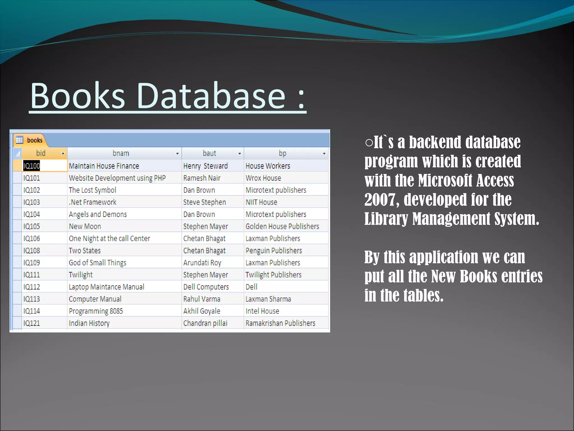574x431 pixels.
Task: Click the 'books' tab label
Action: coord(34,140)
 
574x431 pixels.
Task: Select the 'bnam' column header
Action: coord(121,153)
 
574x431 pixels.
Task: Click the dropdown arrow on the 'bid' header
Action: coord(63,153)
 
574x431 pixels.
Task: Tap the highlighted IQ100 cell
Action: coord(32,166)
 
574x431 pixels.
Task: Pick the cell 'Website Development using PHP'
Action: coord(117,178)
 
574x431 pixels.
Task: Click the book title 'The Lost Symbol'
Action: coord(92,190)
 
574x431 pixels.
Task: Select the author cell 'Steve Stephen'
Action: coord(205,202)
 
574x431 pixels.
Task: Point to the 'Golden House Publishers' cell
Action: coord(282,226)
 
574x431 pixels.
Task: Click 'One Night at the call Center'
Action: coord(109,239)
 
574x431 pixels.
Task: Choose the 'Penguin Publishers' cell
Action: coord(274,251)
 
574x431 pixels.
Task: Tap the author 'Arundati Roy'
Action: coord(202,263)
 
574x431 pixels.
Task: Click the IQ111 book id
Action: coord(32,275)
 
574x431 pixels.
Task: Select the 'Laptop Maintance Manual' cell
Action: coord(107,287)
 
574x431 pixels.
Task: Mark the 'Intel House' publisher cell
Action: coord(262,311)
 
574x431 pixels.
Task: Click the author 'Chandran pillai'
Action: coord(205,323)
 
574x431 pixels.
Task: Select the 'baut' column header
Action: coord(209,153)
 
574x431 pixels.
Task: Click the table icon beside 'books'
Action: coord(19,140)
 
